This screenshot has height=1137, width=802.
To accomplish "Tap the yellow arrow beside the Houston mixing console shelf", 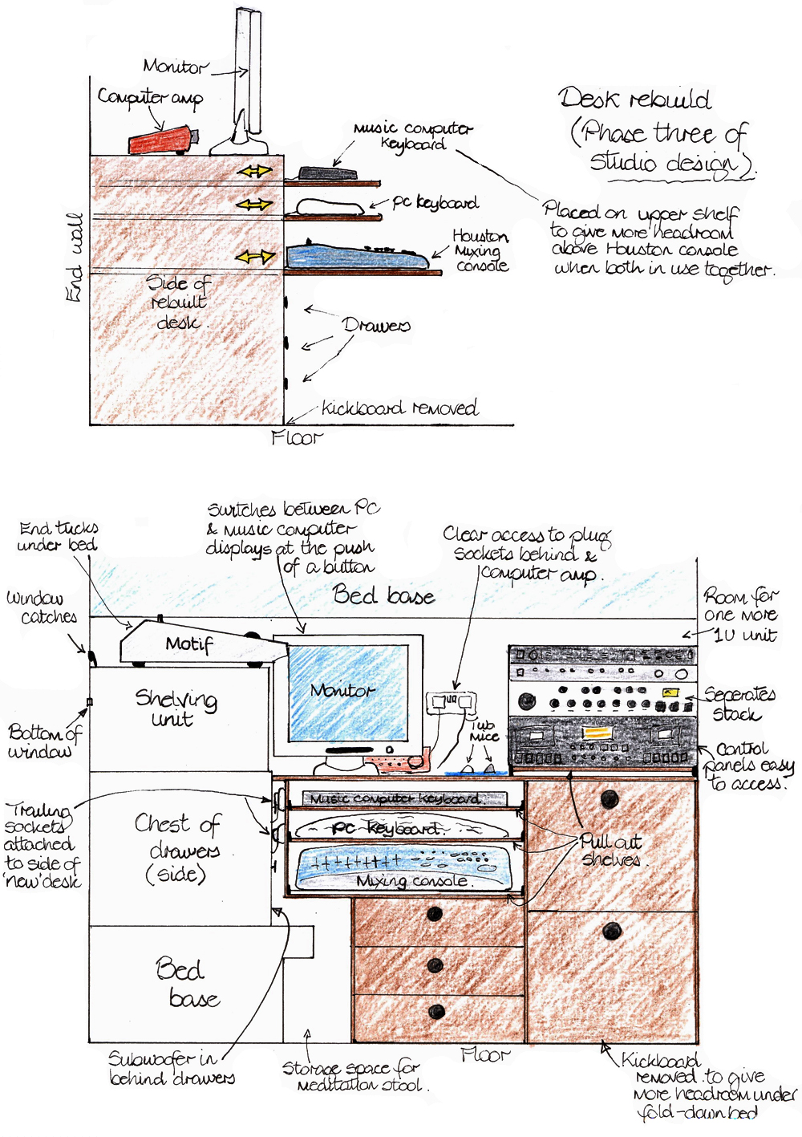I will [255, 258].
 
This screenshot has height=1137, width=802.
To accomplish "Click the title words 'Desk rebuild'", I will [634, 99].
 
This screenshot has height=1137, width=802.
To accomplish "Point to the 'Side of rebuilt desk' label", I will [178, 303].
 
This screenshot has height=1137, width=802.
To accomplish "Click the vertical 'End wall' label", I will [75, 258].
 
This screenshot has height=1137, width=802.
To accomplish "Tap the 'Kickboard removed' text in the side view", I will [399, 408].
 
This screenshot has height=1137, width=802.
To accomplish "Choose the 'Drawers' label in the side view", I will [375, 325].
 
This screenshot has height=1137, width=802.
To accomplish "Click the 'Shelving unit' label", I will [175, 707].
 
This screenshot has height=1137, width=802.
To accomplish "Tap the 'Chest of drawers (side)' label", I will [178, 848].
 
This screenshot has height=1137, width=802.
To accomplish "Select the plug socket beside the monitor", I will [450, 704].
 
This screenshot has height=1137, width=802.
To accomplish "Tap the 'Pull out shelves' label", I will [611, 851].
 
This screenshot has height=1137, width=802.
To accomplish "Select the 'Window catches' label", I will [42, 607].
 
